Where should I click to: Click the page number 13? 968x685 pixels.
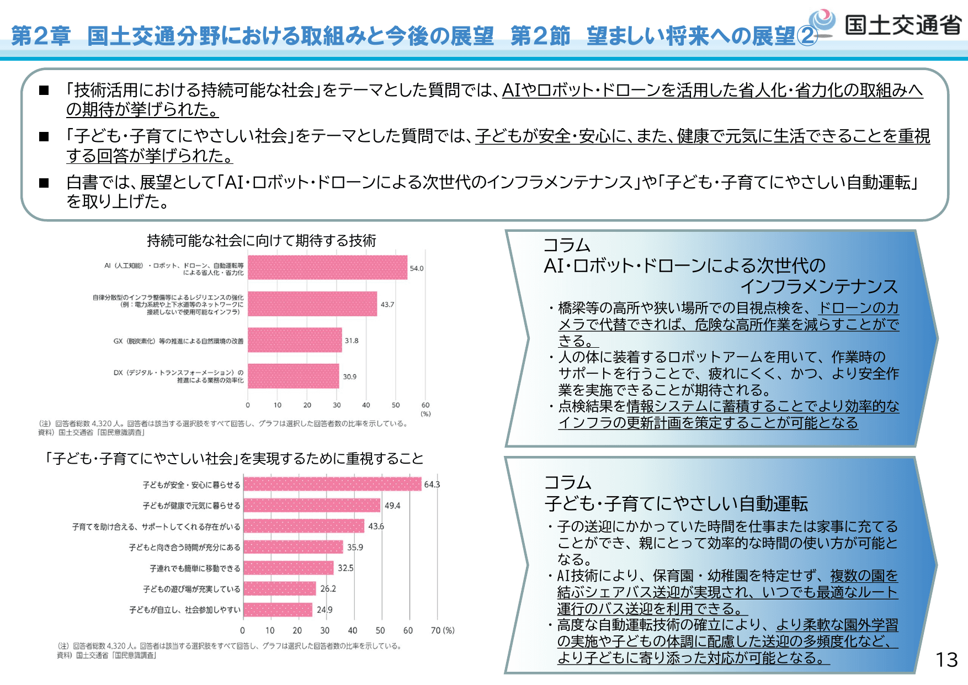coord(946,660)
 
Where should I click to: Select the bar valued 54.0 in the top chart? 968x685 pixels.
coord(327,268)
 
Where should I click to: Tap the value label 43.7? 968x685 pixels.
coord(387,305)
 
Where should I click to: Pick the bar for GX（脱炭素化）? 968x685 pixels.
coord(295,340)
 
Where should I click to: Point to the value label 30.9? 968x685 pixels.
coord(350,377)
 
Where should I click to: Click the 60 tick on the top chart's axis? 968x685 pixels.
coord(426,405)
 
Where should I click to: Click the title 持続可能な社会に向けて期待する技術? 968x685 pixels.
coord(262,241)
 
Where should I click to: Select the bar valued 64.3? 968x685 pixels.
coord(332,484)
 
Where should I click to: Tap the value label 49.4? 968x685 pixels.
coord(392,506)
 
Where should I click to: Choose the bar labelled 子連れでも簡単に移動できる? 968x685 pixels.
coord(289,568)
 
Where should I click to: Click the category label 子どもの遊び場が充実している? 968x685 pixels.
coord(192,589)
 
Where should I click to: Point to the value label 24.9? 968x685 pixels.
coord(325,610)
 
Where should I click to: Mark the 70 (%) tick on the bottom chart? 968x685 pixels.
coord(442,630)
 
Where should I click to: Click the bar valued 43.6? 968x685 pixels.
coord(304,526)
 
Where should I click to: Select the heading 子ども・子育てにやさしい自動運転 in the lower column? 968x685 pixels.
coord(676,503)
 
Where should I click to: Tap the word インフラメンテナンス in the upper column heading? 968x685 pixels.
coord(819,286)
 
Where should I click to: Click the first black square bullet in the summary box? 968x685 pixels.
coord(44,91)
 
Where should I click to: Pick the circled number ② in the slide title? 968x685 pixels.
coord(807,36)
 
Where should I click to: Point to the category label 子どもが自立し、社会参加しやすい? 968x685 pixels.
coord(185,610)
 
